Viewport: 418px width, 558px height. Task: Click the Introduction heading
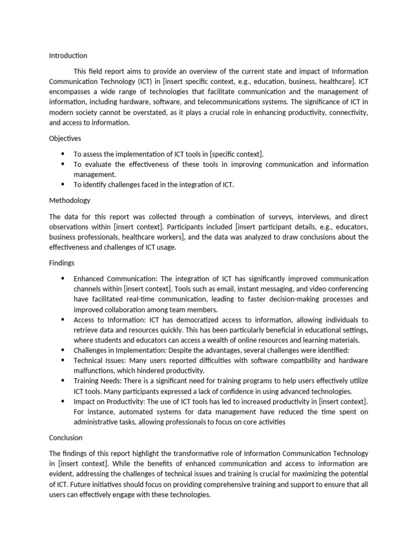click(68, 56)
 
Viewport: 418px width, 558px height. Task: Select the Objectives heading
click(65, 138)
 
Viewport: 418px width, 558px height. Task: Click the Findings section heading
click(62, 263)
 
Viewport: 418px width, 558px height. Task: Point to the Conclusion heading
click(66, 438)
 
